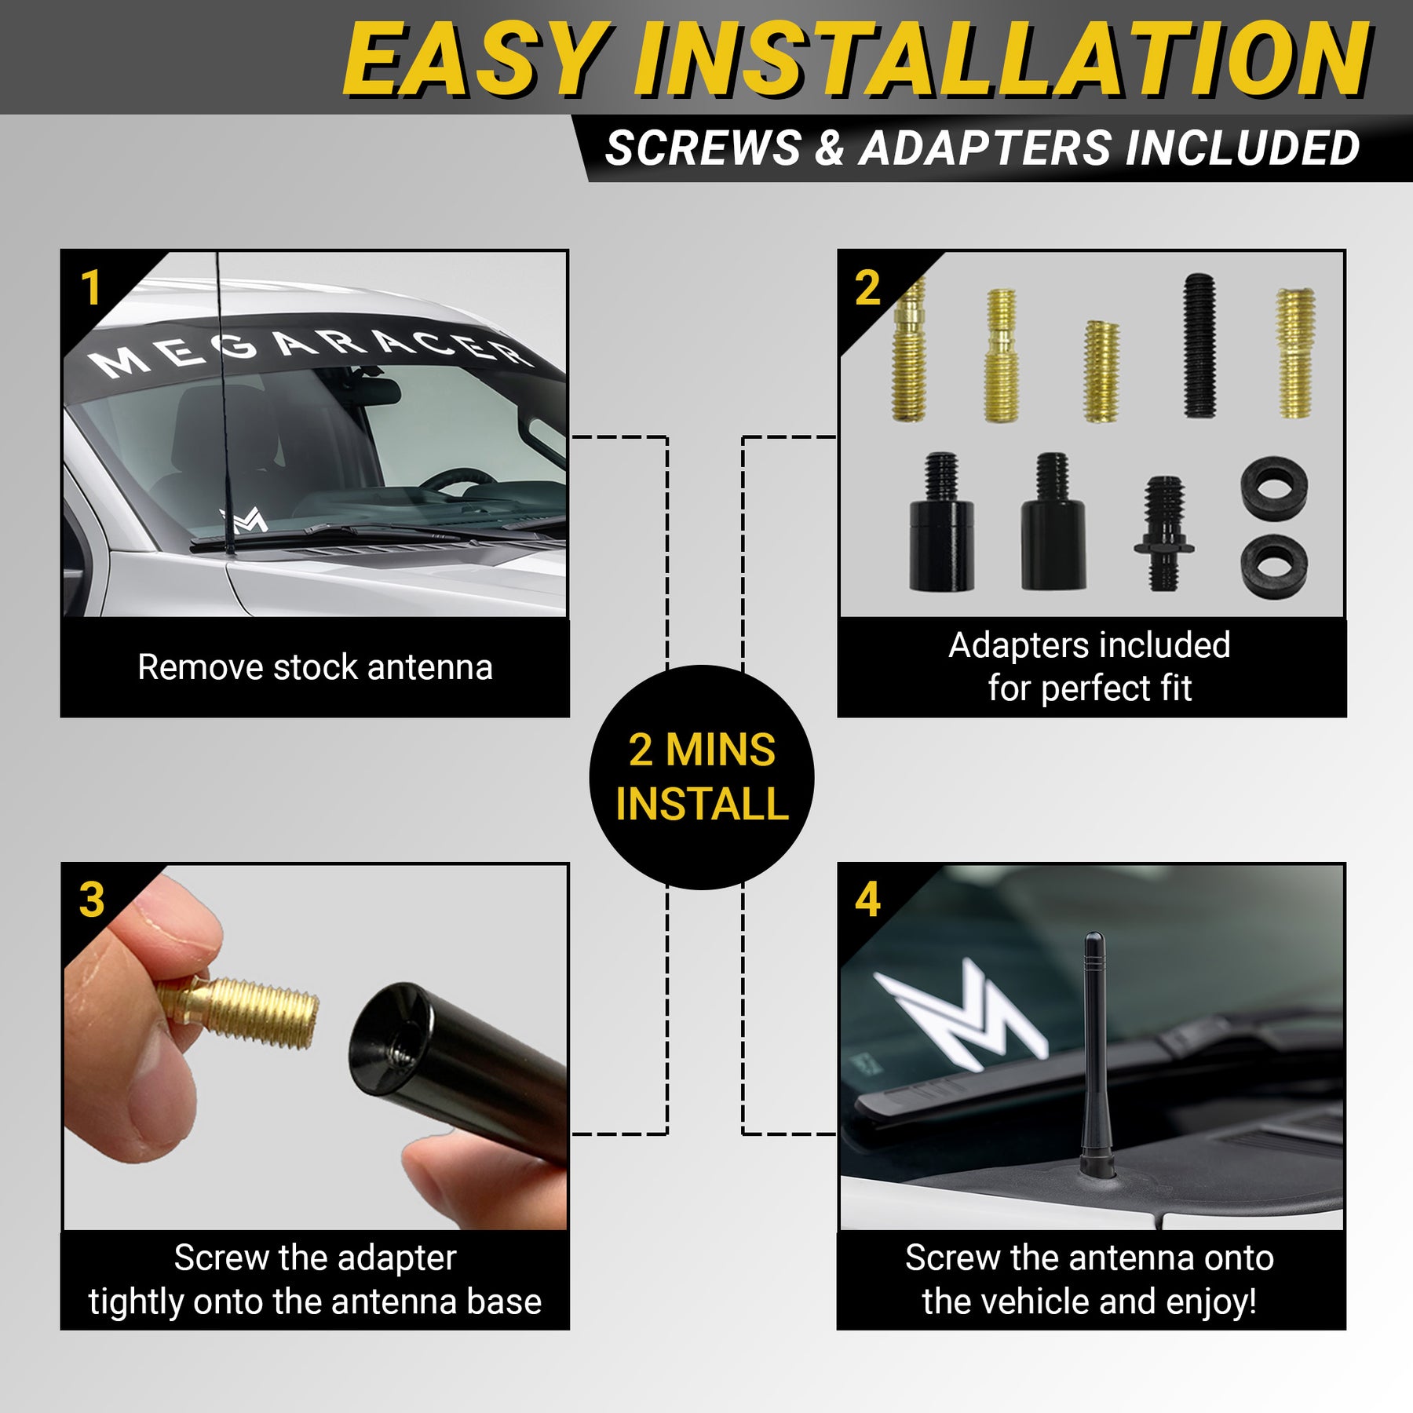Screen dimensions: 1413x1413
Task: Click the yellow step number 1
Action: (x=91, y=287)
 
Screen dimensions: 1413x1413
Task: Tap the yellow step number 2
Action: (x=867, y=287)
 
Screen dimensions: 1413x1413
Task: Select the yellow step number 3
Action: (x=92, y=900)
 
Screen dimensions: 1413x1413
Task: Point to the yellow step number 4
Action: (x=867, y=900)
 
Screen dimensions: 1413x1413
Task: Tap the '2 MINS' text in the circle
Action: (x=702, y=750)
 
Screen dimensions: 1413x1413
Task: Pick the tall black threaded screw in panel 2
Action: (x=1199, y=345)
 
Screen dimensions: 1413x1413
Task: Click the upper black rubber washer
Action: (x=1275, y=488)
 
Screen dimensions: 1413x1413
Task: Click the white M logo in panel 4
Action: (x=961, y=1016)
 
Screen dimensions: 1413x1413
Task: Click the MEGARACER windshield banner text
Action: (x=310, y=351)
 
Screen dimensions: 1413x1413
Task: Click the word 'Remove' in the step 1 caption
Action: (x=202, y=668)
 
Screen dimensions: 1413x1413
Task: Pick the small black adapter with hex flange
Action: (x=1164, y=533)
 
